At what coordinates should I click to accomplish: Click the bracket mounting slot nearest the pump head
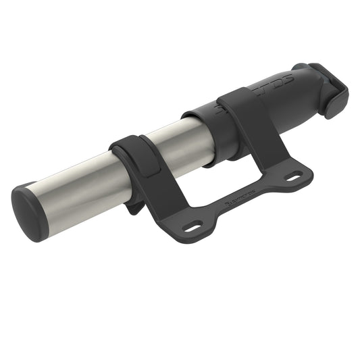point(292,177)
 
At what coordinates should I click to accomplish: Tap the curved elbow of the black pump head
point(307,74)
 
